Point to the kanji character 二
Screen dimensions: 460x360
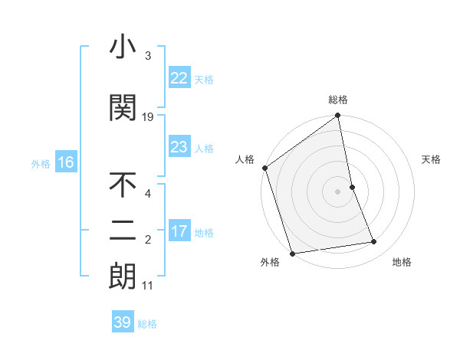click(x=123, y=231)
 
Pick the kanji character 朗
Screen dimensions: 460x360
click(x=123, y=277)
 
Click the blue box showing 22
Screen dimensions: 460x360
click(x=179, y=77)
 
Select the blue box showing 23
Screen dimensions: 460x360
click(x=179, y=147)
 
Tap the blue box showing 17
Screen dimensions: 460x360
click(x=179, y=231)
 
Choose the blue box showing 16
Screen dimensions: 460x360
click(x=65, y=162)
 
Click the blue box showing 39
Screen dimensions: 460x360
click(x=122, y=322)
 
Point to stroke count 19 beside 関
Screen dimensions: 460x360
click(x=148, y=116)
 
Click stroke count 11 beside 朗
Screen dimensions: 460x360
click(x=148, y=286)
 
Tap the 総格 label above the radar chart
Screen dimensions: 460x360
click(x=338, y=100)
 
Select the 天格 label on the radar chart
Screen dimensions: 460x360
click(x=432, y=159)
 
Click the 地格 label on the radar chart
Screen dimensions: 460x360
click(x=402, y=262)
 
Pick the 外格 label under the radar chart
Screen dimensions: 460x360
click(x=270, y=262)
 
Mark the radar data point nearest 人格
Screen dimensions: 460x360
click(x=264, y=168)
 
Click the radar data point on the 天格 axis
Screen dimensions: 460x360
click(x=352, y=187)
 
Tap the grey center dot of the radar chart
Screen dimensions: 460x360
click(x=337, y=191)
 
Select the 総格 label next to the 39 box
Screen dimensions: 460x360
click(x=147, y=324)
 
